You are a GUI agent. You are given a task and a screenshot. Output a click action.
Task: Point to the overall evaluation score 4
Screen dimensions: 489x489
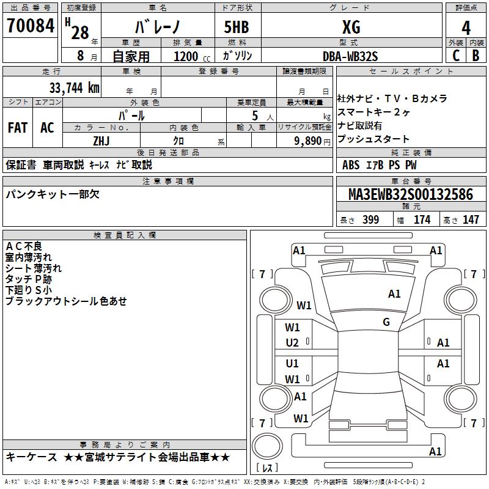click(x=466, y=28)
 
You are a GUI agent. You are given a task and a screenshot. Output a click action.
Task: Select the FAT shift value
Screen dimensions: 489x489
click(x=18, y=128)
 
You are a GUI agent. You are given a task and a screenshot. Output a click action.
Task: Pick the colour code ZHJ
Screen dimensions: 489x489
click(x=101, y=141)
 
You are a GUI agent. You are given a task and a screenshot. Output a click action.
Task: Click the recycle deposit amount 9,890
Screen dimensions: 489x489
click(x=307, y=141)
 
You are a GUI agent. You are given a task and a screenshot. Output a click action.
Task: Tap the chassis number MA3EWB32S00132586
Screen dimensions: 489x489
click(x=410, y=194)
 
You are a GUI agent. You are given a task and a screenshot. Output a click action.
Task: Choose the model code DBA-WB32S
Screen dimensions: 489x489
click(x=350, y=56)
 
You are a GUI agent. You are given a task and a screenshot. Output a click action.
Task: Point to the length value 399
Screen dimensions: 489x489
click(x=370, y=220)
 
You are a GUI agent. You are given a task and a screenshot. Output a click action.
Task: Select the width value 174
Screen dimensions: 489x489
click(x=422, y=220)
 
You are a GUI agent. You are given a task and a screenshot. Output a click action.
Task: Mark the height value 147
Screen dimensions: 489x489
click(x=471, y=220)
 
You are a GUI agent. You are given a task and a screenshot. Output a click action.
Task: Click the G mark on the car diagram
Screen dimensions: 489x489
click(x=386, y=322)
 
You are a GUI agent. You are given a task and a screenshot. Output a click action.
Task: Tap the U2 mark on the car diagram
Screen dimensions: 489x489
click(x=292, y=343)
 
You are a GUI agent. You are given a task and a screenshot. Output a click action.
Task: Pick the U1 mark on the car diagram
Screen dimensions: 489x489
click(x=292, y=364)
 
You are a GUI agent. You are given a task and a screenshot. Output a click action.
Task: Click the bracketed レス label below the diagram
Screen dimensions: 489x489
click(x=267, y=468)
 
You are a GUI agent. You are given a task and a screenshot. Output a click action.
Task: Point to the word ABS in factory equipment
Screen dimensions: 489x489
click(x=351, y=165)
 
